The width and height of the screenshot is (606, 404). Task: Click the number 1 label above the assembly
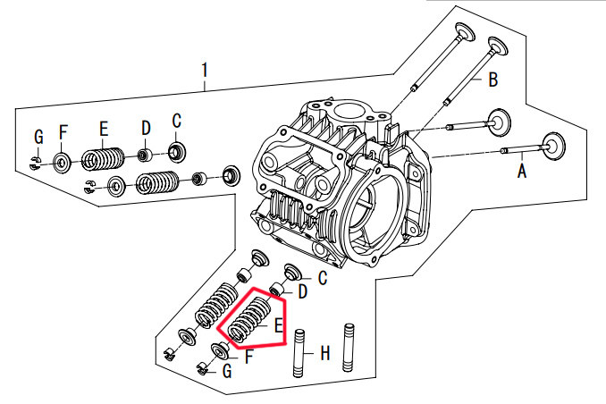tap(205, 69)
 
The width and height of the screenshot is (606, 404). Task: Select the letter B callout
tap(492, 80)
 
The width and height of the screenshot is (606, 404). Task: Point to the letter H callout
tap(325, 354)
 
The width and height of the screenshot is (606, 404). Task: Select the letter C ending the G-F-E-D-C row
tap(176, 121)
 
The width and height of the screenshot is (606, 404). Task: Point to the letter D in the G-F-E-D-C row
tap(146, 129)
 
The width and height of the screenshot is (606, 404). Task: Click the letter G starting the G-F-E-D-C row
tap(38, 137)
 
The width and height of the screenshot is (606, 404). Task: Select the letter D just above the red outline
tap(302, 291)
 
